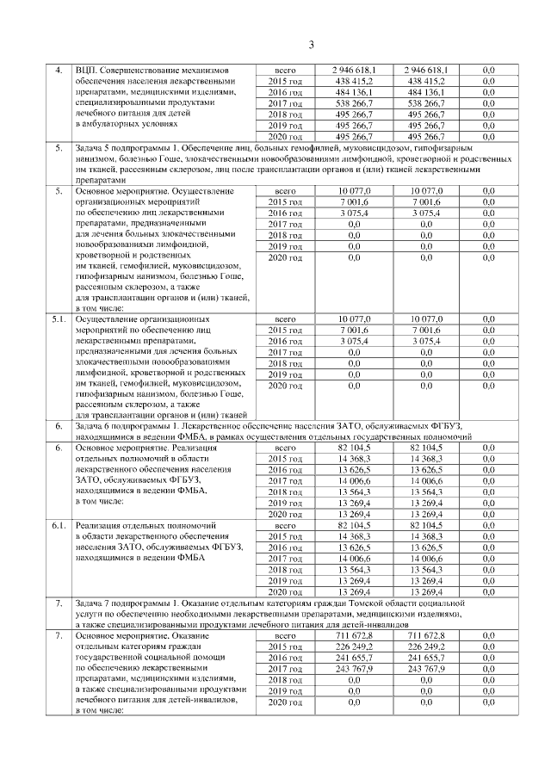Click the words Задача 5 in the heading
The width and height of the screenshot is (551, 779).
[x=97, y=149]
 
